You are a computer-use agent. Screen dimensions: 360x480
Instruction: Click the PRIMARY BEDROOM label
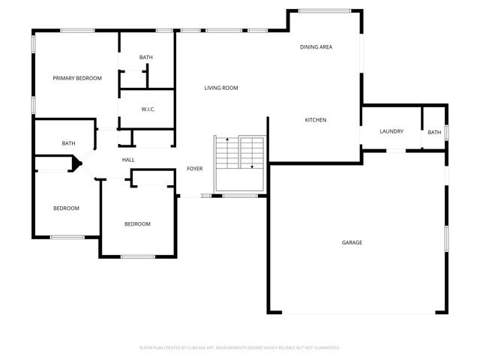pyautogui.click(x=76, y=78)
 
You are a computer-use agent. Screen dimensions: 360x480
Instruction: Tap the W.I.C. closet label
pyautogui.click(x=148, y=109)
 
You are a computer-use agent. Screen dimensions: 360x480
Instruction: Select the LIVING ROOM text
pyautogui.click(x=221, y=88)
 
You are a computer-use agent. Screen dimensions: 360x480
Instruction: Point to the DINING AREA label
pyautogui.click(x=316, y=47)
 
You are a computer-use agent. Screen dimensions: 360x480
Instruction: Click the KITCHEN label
pyautogui.click(x=315, y=120)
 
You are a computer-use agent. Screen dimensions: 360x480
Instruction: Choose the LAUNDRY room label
pyautogui.click(x=391, y=131)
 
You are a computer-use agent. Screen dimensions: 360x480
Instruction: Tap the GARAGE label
pyautogui.click(x=352, y=242)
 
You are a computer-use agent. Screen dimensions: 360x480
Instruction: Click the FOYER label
pyautogui.click(x=195, y=169)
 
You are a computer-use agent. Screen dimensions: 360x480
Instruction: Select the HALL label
pyautogui.click(x=128, y=159)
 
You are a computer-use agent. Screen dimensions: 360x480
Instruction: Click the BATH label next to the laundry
pyautogui.click(x=434, y=133)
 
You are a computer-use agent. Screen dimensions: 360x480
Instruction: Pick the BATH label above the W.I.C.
pyautogui.click(x=145, y=58)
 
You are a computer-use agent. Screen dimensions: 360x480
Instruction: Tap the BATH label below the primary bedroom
pyautogui.click(x=68, y=143)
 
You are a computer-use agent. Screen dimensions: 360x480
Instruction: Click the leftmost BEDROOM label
pyautogui.click(x=66, y=208)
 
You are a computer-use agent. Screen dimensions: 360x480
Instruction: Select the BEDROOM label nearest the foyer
pyautogui.click(x=137, y=223)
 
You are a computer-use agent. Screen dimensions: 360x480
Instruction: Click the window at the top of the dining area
pyautogui.click(x=325, y=10)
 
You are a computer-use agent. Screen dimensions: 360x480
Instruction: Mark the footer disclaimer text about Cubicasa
pyautogui.click(x=240, y=348)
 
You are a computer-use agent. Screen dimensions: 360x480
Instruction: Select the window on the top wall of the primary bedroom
pyautogui.click(x=77, y=30)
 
